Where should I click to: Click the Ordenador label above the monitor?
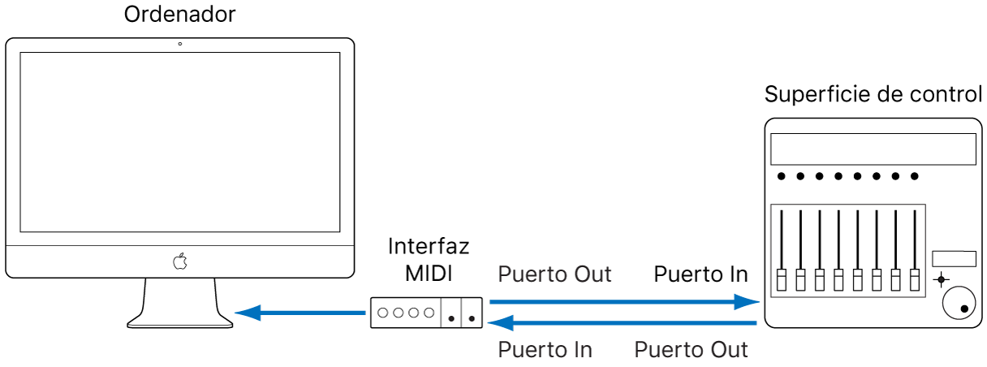pyautogui.click(x=179, y=15)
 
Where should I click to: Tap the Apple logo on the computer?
pyautogui.click(x=179, y=261)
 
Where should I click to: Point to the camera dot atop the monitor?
pyautogui.click(x=179, y=44)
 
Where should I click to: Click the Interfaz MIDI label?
pyautogui.click(x=429, y=257)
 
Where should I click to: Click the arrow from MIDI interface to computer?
pyautogui.click(x=300, y=313)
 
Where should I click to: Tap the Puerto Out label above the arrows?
pyautogui.click(x=554, y=274)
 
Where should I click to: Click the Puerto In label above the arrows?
pyautogui.click(x=700, y=274)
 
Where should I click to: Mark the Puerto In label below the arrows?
pyautogui.click(x=545, y=350)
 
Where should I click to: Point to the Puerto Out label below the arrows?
pyautogui.click(x=691, y=350)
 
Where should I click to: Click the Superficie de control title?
pyautogui.click(x=873, y=95)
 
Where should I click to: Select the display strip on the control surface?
pyautogui.click(x=873, y=149)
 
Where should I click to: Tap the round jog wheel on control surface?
pyautogui.click(x=959, y=304)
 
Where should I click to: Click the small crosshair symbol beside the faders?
pyautogui.click(x=941, y=280)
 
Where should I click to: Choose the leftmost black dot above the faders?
pyautogui.click(x=781, y=176)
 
